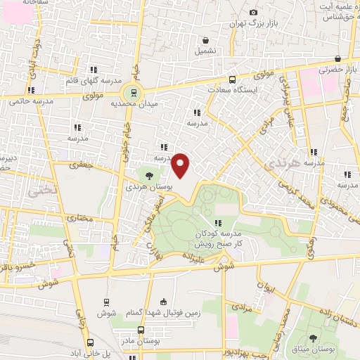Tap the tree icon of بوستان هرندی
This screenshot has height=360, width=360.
(x=149, y=174)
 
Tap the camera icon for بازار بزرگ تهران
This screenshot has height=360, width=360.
(x=253, y=12)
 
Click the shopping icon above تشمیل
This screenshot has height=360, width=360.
(x=205, y=40)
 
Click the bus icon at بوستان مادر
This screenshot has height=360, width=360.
(x=141, y=330)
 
